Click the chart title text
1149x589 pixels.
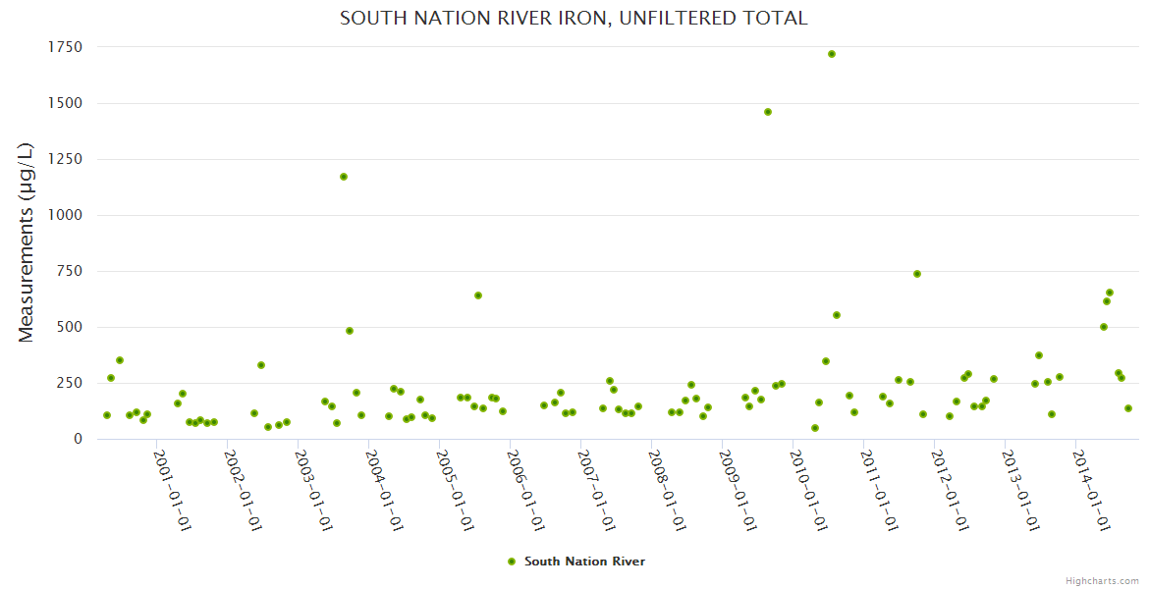tap(574, 19)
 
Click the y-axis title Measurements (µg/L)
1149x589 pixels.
tap(27, 242)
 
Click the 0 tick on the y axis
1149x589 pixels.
tap(78, 439)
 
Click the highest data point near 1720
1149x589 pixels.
tap(832, 54)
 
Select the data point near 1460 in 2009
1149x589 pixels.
tap(768, 112)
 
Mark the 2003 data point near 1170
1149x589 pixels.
tap(344, 177)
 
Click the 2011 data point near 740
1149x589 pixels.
tap(917, 274)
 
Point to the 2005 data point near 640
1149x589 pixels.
tap(478, 295)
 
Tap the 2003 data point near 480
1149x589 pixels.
tap(350, 331)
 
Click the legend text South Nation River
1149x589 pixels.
tap(584, 562)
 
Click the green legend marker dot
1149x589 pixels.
tap(511, 562)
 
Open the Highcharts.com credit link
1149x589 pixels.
tap(1102, 580)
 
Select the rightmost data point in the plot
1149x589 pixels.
tap(1128, 408)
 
